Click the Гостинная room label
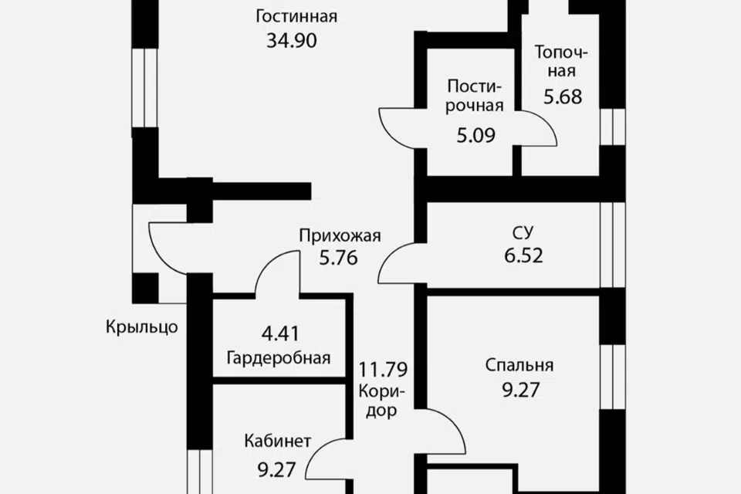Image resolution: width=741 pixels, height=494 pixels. pos(297,16)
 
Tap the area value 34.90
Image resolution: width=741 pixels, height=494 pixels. pos(292,41)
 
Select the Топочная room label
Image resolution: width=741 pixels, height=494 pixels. pos(562,62)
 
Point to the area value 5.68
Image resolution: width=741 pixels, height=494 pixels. pos(562,97)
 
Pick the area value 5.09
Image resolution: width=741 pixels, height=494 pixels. pos(475,136)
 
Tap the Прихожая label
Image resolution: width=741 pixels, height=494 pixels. pos(340,237)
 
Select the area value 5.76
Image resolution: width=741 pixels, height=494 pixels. pos(339,259)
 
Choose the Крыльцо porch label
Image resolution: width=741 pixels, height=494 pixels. pos(142,327)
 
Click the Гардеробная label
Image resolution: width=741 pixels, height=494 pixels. pos(279,358)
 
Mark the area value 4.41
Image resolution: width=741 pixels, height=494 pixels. pos(279,335)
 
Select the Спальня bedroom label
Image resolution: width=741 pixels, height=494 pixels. pos(519,365)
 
